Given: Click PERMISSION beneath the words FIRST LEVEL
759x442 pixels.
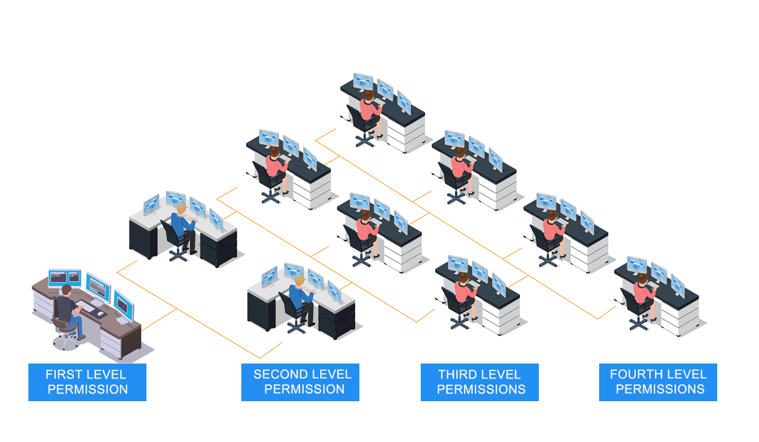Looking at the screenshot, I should click(x=88, y=389).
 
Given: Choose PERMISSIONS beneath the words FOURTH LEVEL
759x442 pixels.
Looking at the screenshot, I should click(x=660, y=389).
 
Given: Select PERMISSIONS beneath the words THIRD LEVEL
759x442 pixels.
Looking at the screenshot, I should click(x=481, y=389).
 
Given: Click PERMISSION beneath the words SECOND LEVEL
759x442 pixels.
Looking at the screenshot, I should click(x=304, y=389).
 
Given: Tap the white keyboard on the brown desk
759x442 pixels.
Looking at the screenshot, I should click(x=86, y=306).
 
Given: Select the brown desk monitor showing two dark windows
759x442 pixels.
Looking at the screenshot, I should click(x=64, y=278).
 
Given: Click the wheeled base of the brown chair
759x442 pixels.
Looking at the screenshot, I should click(x=66, y=341).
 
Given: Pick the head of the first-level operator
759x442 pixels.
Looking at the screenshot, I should click(x=66, y=290).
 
